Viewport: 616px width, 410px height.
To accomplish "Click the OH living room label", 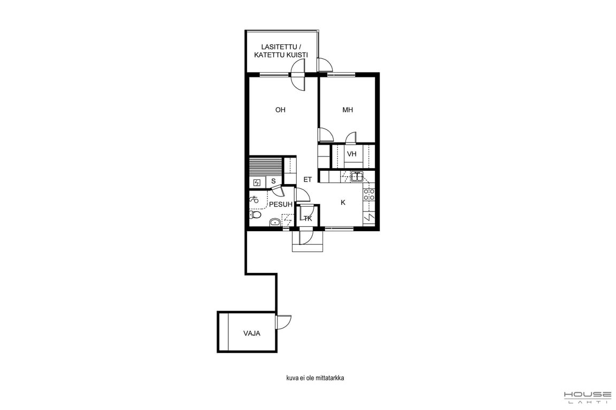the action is (280, 110).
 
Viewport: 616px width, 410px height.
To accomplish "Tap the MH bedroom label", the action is (347, 110).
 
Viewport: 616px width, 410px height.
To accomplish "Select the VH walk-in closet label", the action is (352, 154).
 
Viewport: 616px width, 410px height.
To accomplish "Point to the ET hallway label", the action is (307, 179).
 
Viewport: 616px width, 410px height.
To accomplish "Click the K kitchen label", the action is (343, 202).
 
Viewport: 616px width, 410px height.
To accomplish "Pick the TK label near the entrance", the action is (307, 218).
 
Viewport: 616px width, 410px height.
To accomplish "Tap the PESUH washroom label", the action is (281, 204).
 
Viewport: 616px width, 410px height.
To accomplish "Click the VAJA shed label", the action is (251, 334).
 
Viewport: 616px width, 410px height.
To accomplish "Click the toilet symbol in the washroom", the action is (256, 215).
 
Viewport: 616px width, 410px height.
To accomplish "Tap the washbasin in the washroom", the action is (275, 223).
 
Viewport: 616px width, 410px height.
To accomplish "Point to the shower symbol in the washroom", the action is (254, 199).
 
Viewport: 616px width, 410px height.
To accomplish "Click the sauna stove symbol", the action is (257, 183).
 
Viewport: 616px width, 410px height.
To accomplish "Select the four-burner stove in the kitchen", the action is (369, 195).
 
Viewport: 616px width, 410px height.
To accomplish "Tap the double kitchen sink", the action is (357, 177).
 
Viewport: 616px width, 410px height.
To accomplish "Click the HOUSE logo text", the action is (588, 395).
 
